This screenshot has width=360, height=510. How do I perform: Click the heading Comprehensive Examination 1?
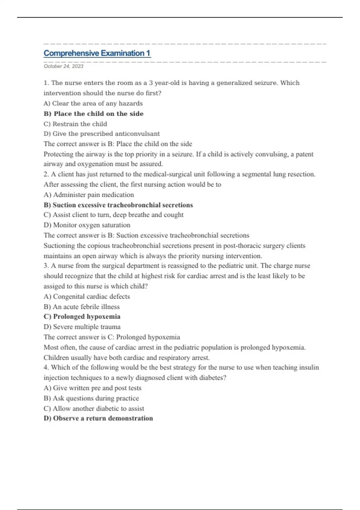pyautogui.click(x=97, y=53)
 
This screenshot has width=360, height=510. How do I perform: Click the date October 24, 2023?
pyautogui.click(x=63, y=66)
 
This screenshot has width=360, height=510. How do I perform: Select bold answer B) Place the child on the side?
pyautogui.click(x=93, y=114)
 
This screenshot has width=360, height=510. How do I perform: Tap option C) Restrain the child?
pyautogui.click(x=75, y=124)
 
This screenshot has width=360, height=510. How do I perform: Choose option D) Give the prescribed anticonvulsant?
pyautogui.click(x=101, y=134)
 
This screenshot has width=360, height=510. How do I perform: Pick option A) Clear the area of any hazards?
pyautogui.click(x=93, y=103)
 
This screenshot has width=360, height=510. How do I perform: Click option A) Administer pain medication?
pyautogui.click(x=89, y=195)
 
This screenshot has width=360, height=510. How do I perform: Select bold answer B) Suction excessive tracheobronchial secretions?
pyautogui.click(x=118, y=205)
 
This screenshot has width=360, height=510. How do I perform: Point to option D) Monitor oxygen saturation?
pyautogui.click(x=87, y=225)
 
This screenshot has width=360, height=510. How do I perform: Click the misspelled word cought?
pyautogui.click(x=173, y=215)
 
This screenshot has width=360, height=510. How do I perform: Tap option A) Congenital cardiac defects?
pyautogui.click(x=87, y=297)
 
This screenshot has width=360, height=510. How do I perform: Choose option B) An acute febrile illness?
pyautogui.click(x=82, y=307)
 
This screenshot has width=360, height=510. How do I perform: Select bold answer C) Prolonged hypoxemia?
pyautogui.click(x=82, y=317)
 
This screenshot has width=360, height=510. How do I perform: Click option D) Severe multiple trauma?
pyautogui.click(x=82, y=327)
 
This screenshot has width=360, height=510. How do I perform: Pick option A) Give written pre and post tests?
pyautogui.click(x=92, y=388)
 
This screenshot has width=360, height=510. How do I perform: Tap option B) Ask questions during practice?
pyautogui.click(x=91, y=398)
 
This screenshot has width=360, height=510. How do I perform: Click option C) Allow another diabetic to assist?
pyautogui.click(x=94, y=409)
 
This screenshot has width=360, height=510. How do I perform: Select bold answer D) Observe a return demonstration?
pyautogui.click(x=98, y=418)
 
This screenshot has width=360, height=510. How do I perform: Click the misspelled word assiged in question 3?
pyautogui.click(x=54, y=286)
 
